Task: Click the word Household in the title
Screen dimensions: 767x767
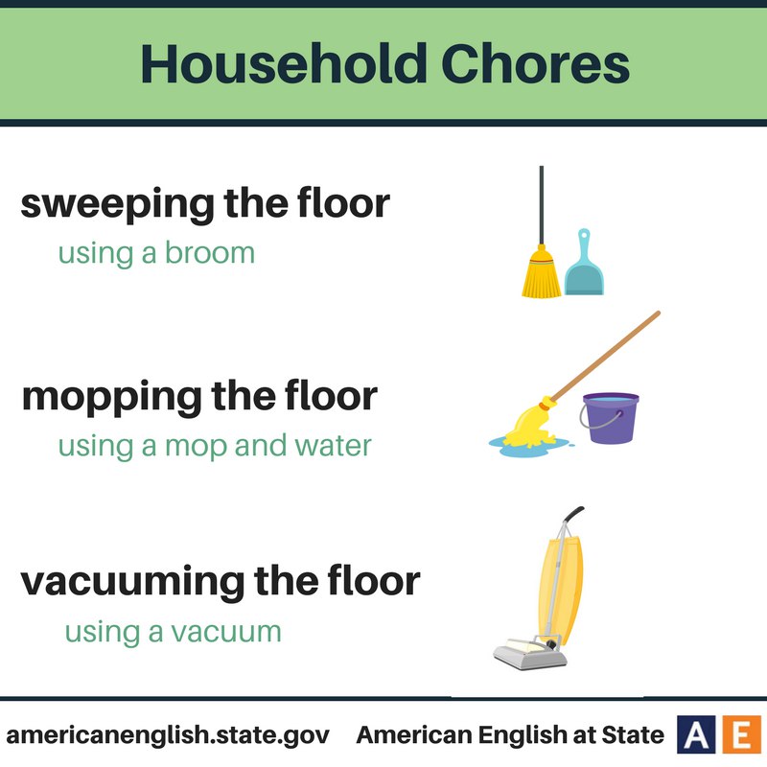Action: [284, 63]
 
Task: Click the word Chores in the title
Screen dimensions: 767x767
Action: [536, 64]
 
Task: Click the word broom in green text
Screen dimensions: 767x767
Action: [210, 253]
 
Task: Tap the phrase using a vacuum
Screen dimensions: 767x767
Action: [174, 632]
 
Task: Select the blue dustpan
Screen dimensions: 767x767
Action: [584, 267]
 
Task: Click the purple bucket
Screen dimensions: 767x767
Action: [611, 419]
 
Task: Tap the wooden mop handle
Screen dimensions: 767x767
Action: [605, 356]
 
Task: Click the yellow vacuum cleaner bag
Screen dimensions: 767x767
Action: [562, 590]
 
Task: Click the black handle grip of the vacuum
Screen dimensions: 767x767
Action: [573, 514]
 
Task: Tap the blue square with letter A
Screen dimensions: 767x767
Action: [696, 733]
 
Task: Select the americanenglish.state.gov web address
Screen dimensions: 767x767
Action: [168, 735]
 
